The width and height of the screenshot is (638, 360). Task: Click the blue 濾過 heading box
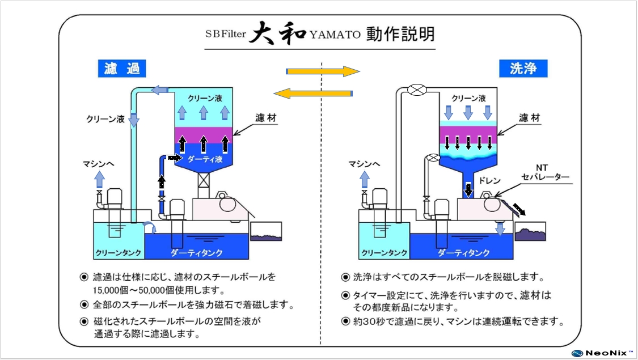[122, 69]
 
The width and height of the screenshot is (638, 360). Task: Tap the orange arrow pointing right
[323, 71]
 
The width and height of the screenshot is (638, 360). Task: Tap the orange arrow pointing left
[313, 92]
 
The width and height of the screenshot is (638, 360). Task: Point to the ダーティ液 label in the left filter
[204, 159]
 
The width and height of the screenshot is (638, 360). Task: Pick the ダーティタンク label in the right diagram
[464, 253]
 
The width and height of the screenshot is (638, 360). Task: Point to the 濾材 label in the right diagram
[529, 118]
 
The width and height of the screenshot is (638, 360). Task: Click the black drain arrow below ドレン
[468, 191]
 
